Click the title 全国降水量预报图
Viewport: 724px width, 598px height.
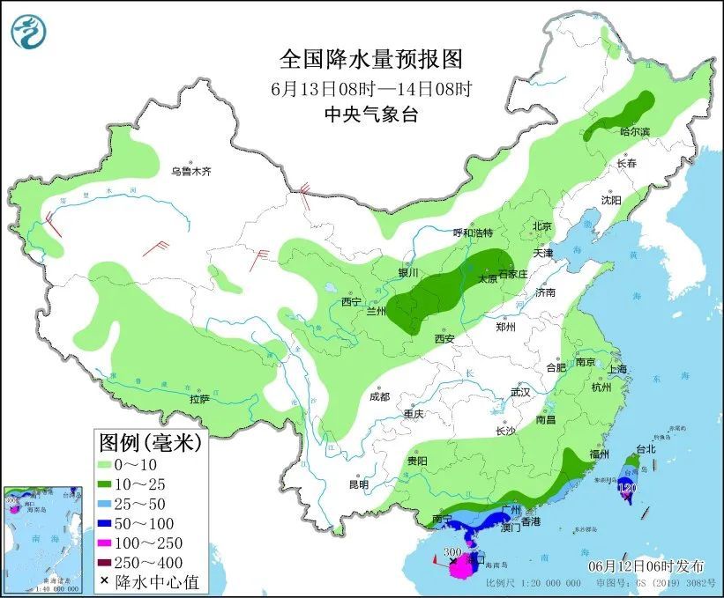(x=370, y=59)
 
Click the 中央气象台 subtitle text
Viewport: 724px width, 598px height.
(x=370, y=114)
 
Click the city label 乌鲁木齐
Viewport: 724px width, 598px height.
(x=191, y=172)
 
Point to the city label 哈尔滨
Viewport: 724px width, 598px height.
(x=634, y=131)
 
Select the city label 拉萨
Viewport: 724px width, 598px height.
(x=199, y=399)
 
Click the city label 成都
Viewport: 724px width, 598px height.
(x=379, y=396)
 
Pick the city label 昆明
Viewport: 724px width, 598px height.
(x=358, y=484)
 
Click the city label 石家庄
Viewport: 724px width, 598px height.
(x=512, y=274)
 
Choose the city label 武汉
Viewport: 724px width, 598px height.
(x=520, y=392)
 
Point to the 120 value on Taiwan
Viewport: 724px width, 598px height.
(x=627, y=487)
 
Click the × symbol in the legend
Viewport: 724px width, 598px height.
(x=107, y=581)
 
